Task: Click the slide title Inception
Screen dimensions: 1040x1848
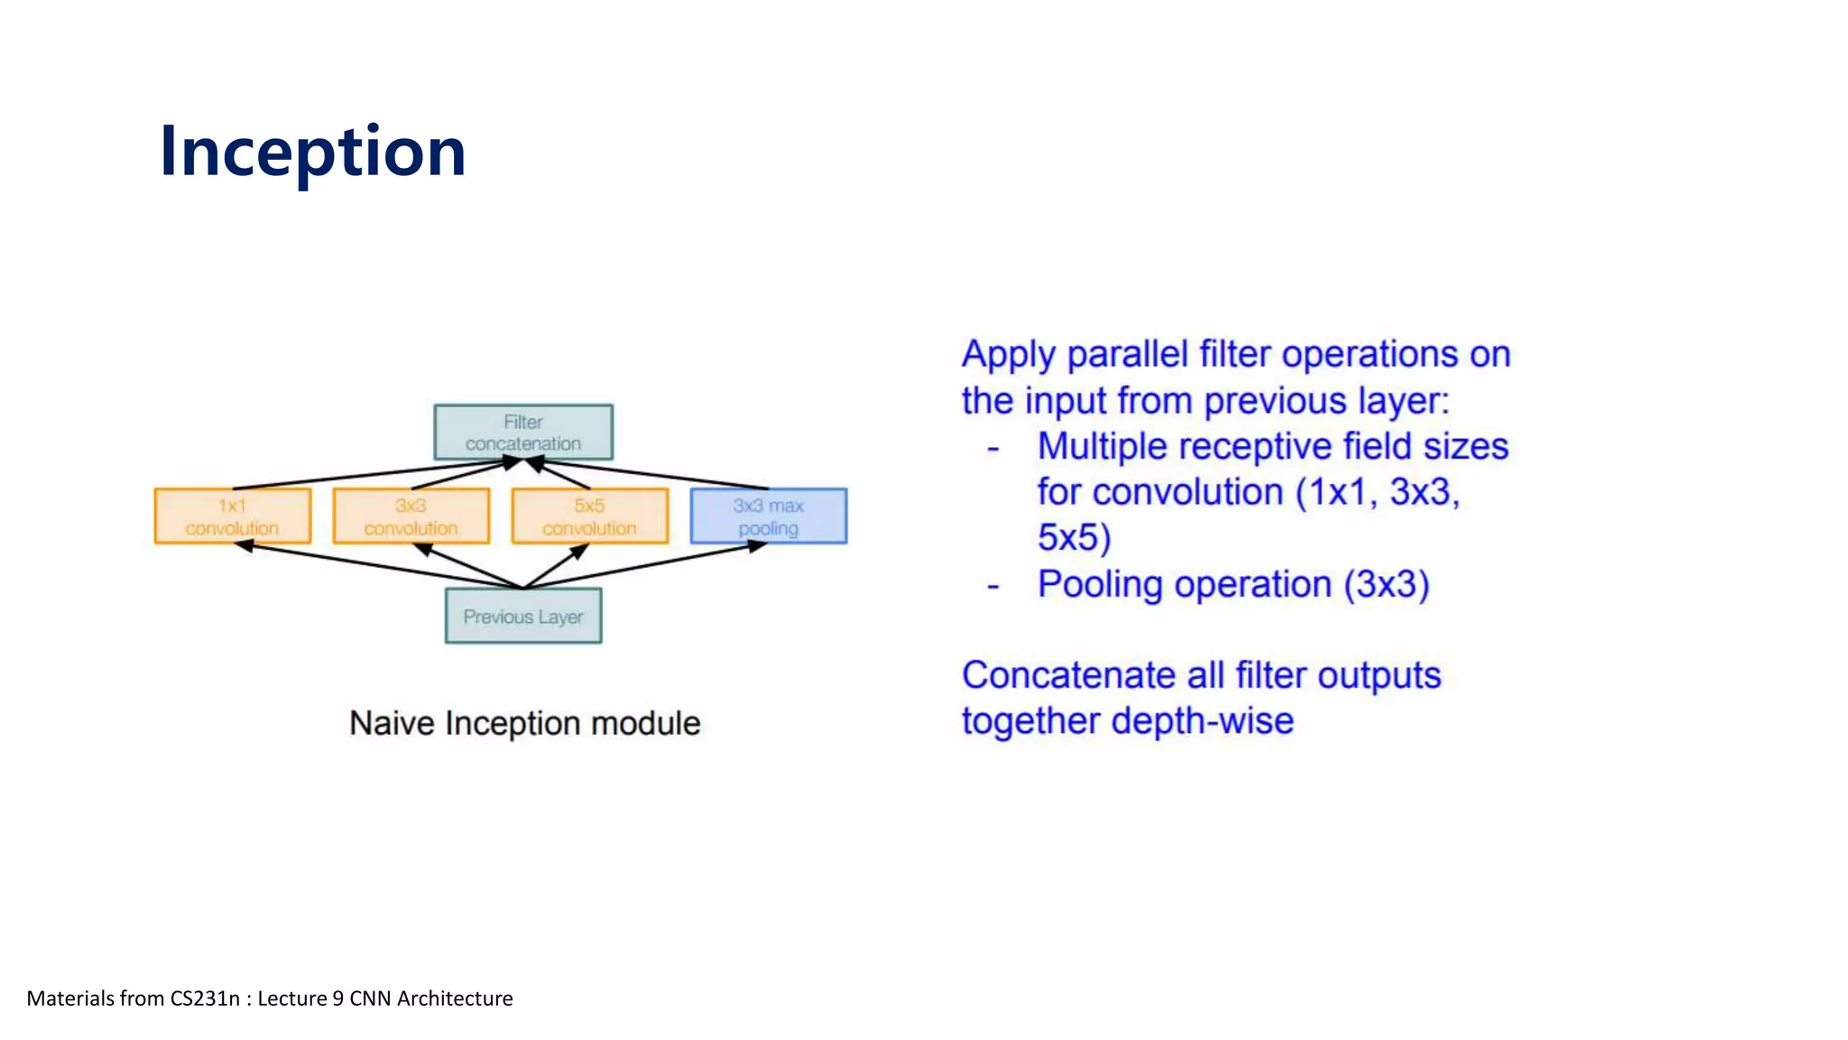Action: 312,152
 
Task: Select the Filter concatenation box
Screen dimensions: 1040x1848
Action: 523,432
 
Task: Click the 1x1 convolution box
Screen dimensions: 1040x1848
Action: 233,516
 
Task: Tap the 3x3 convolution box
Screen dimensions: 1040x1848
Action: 411,516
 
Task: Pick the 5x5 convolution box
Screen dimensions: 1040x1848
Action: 590,516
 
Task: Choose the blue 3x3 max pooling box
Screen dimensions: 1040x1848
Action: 769,516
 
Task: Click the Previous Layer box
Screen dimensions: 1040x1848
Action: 523,617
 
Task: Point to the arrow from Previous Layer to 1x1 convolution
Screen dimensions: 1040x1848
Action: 379,566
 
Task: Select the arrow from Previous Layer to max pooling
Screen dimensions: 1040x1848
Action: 645,566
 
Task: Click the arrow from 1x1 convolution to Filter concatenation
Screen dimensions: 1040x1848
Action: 370,474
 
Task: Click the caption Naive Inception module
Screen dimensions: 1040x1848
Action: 524,723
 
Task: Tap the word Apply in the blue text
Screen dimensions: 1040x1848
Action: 1007,356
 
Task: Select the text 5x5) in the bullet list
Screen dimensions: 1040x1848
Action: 1074,538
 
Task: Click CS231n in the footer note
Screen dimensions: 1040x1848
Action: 205,998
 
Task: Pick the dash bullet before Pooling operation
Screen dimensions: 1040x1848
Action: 993,586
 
